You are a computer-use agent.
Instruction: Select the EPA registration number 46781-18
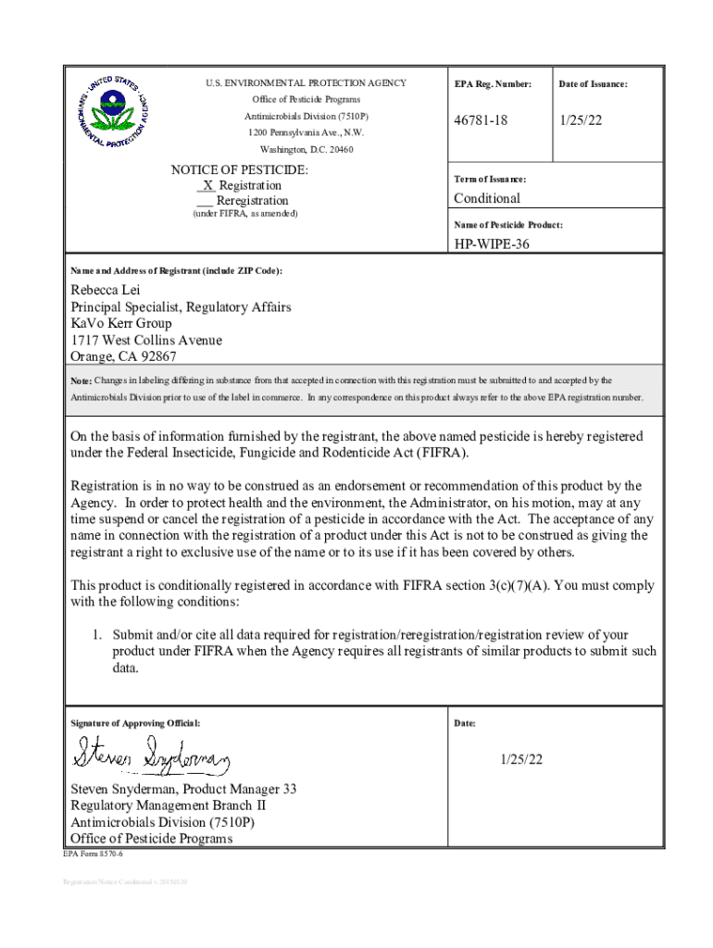[481, 121]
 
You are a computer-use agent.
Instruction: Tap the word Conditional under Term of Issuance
[486, 198]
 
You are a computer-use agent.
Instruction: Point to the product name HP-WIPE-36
[492, 244]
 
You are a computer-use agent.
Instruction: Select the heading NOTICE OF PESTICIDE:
[240, 170]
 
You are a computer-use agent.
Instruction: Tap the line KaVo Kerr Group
[121, 323]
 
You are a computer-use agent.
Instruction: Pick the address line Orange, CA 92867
[124, 356]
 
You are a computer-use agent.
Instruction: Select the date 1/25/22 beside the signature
[521, 759]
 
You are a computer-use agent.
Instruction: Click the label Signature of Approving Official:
[135, 723]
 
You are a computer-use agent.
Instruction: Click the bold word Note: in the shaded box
[81, 381]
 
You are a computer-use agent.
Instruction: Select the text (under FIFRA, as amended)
[244, 214]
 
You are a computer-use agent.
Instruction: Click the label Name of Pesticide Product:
[507, 225]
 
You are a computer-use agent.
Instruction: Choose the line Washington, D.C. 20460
[306, 149]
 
